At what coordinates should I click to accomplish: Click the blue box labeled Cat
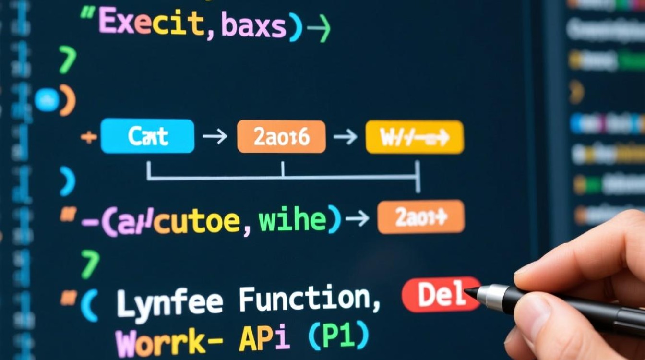tap(147, 137)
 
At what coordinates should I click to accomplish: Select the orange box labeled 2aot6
tap(281, 137)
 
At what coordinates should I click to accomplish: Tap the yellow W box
tap(415, 137)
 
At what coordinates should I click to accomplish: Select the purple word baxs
tap(253, 26)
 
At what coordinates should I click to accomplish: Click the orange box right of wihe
tap(421, 217)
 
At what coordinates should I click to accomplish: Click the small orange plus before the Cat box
tap(88, 137)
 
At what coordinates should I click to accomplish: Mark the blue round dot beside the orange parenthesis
tap(47, 100)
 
